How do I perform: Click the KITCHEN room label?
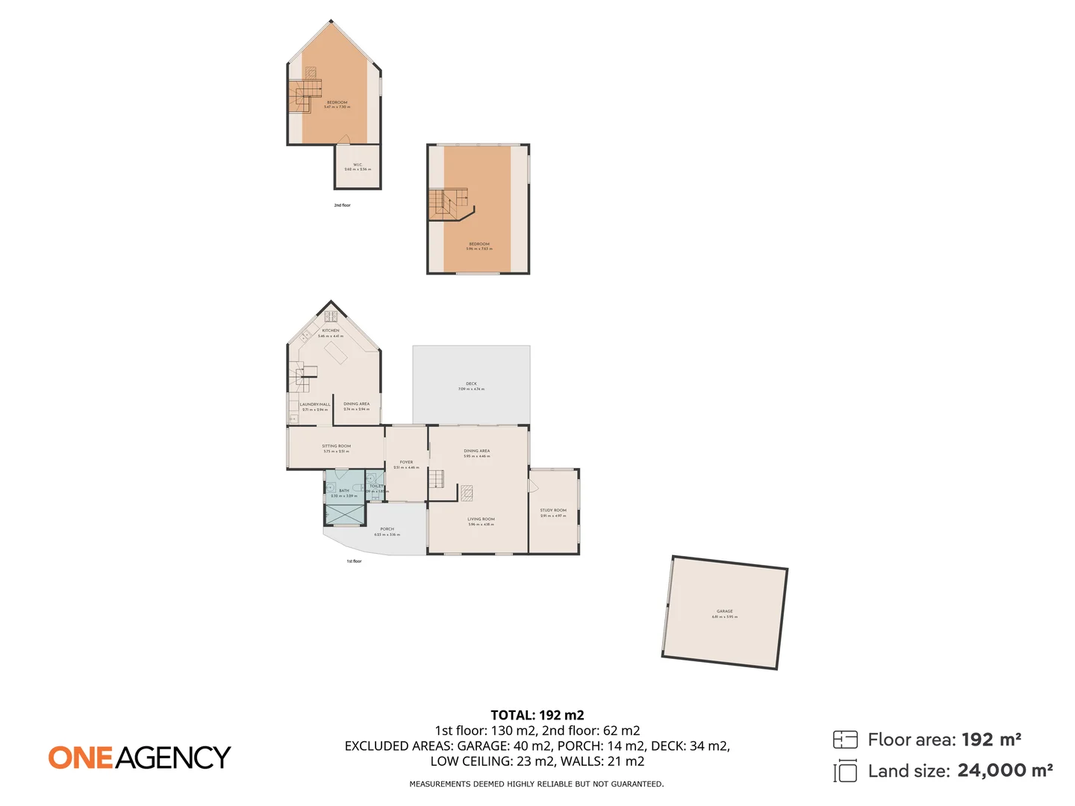(x=331, y=331)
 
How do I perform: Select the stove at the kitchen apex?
(x=331, y=316)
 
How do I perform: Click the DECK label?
(x=471, y=384)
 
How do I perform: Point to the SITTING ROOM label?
(x=336, y=446)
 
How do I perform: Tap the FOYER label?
(x=406, y=462)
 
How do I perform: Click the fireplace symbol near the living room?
(x=467, y=492)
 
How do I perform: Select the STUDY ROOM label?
(x=553, y=510)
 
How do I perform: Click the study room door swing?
(x=533, y=486)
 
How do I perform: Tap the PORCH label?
(x=387, y=529)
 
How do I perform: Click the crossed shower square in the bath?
(x=344, y=514)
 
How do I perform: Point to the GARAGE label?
(x=724, y=611)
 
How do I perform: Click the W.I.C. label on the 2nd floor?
(x=358, y=165)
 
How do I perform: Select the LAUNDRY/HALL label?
(x=314, y=404)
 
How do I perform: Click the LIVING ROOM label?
(x=481, y=519)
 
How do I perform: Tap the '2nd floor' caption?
(x=342, y=205)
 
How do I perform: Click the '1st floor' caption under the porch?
(x=354, y=561)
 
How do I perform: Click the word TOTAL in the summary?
(x=511, y=715)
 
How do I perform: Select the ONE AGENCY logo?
(x=140, y=757)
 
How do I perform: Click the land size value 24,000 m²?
(x=1005, y=770)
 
